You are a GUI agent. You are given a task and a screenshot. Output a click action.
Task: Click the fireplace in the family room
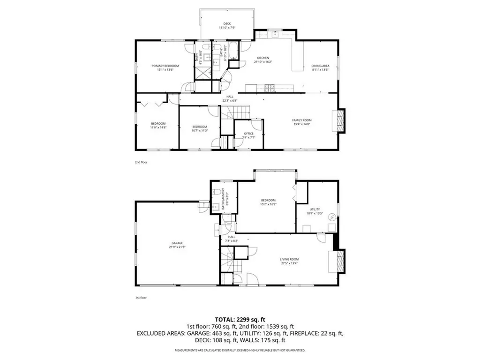point(338,120)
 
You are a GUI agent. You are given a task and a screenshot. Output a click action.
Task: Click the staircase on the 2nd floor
point(236,114)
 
